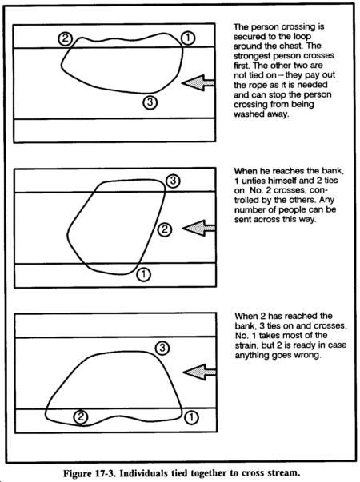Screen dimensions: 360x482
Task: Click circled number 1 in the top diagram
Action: point(188,38)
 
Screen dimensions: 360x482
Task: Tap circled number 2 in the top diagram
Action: point(66,38)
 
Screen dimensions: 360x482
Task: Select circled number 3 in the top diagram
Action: point(150,102)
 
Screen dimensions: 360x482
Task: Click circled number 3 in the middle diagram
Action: point(173,181)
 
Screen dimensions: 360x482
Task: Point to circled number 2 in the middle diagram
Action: point(165,229)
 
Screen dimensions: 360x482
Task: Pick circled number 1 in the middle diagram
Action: point(144,274)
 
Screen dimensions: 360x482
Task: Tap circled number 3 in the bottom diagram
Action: point(162,348)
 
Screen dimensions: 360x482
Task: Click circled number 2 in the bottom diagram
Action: point(81,416)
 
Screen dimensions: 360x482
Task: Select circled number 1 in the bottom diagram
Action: point(191,417)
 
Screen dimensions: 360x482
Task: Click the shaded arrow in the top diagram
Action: point(198,82)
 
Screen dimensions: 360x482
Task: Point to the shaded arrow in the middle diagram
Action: point(199,228)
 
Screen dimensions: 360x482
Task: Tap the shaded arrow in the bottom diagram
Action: point(200,372)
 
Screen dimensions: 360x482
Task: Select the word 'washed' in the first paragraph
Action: point(249,114)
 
